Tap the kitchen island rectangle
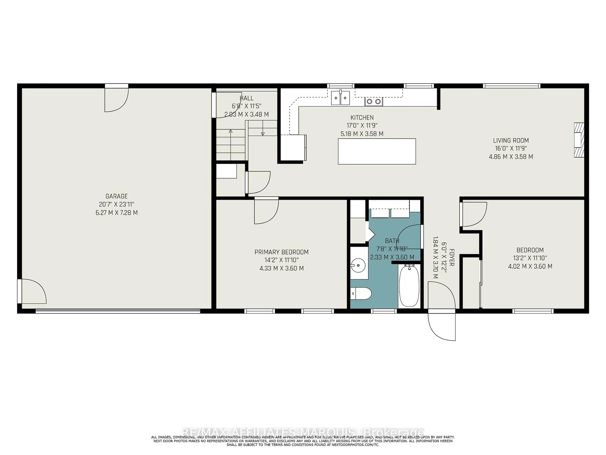point(377,151)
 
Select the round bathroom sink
point(358,265)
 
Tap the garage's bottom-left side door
point(33,291)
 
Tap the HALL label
point(246,98)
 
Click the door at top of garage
point(116,99)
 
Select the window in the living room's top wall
point(511,86)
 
